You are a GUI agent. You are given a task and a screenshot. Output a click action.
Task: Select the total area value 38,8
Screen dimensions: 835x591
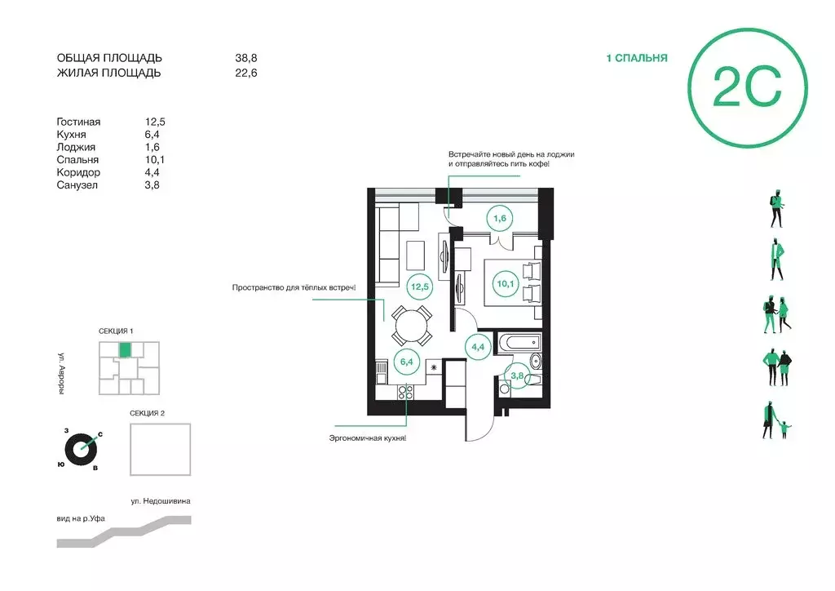point(246,58)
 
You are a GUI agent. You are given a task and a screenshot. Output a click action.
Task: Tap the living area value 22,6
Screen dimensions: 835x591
point(246,73)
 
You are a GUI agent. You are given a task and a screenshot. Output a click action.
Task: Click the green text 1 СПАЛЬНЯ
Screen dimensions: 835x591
point(636,58)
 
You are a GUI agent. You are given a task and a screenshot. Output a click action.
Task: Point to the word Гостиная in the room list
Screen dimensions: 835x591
point(78,122)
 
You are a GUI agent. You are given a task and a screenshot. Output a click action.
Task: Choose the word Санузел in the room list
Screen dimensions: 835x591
point(77,185)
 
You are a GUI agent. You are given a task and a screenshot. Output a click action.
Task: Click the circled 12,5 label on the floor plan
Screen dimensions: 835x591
point(420,287)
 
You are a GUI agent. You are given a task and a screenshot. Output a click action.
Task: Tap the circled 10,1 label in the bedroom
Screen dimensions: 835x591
point(506,283)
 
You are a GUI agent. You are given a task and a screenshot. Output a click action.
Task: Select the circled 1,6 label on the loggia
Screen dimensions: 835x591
point(500,218)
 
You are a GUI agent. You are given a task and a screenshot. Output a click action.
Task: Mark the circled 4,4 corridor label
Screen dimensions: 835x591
point(478,347)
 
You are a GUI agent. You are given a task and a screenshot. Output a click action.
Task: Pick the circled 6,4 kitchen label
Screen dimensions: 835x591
point(406,362)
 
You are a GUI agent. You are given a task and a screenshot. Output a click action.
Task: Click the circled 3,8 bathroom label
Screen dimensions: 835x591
point(517,375)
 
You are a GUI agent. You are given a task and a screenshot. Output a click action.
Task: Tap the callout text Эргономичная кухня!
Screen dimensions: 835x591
point(368,438)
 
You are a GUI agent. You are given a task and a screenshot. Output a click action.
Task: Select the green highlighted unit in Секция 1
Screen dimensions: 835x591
point(125,349)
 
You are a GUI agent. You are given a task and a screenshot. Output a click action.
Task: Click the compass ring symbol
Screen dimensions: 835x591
point(82,449)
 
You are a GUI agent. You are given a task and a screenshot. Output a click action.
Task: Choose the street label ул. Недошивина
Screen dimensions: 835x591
point(161,501)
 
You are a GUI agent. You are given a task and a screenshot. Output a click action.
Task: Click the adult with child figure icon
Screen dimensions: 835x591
point(776,421)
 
